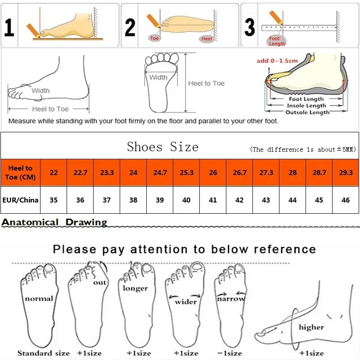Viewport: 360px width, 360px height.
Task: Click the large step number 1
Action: [9, 26]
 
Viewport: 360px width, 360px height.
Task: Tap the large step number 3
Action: [250, 26]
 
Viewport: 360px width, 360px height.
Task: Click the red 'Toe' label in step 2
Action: [155, 38]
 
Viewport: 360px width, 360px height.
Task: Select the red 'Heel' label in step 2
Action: [207, 39]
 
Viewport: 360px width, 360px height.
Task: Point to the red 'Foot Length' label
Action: [277, 41]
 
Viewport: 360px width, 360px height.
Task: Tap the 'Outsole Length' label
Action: [307, 112]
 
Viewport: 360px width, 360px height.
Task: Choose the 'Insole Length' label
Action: [307, 106]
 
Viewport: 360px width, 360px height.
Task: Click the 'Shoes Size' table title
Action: [162, 147]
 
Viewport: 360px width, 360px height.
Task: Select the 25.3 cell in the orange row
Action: [186, 172]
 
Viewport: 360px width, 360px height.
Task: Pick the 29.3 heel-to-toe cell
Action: [346, 172]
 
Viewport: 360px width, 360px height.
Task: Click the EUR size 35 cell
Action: [54, 199]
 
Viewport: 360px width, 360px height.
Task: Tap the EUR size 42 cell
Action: [239, 199]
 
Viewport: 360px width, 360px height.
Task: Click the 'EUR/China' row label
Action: [20, 199]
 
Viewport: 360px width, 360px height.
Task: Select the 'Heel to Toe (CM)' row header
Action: [20, 172]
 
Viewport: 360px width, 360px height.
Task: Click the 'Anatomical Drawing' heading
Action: [54, 222]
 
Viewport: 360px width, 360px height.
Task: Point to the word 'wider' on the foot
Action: [186, 301]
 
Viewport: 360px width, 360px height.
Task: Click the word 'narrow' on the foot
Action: [231, 298]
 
